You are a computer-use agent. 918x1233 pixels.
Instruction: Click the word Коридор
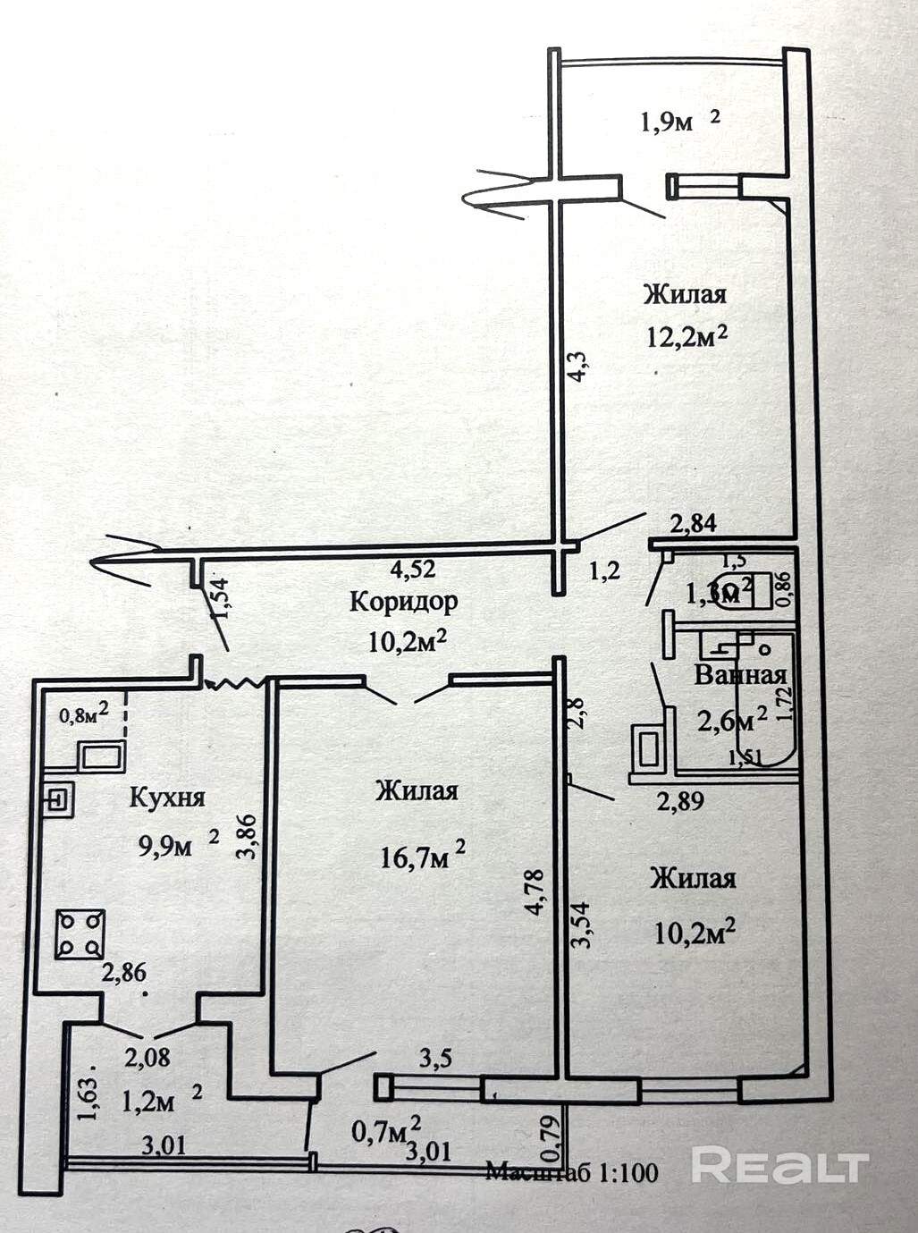[403, 601]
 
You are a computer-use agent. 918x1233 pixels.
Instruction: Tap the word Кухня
[168, 797]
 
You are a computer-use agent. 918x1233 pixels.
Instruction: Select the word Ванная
[740, 674]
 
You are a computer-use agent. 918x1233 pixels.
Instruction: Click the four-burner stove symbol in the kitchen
[80, 933]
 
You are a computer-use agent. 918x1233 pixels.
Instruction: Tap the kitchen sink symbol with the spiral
[59, 798]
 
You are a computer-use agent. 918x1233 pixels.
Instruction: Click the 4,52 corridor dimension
[413, 569]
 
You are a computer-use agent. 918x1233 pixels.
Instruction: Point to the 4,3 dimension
[578, 367]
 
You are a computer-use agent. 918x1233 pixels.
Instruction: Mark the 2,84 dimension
[694, 523]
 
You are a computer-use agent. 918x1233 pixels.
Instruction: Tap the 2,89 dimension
[680, 800]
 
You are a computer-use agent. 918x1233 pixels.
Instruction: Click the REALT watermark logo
[779, 1165]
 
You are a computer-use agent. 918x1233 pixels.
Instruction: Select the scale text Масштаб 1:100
[572, 1171]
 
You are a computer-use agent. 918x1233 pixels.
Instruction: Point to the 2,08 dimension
[147, 1058]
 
